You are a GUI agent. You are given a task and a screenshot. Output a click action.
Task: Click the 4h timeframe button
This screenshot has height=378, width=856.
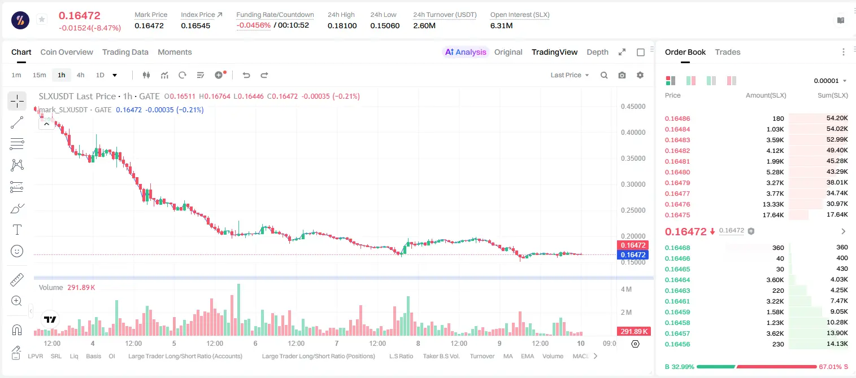pyautogui.click(x=80, y=75)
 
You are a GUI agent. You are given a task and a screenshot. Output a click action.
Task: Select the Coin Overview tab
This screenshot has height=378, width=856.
pyautogui.click(x=67, y=52)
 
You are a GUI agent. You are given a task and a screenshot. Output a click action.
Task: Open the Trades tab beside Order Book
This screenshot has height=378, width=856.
pyautogui.click(x=728, y=52)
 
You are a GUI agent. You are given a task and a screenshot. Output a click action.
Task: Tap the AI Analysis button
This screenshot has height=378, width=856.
pyautogui.click(x=466, y=52)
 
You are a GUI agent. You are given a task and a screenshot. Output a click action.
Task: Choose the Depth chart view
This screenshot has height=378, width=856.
pyautogui.click(x=597, y=52)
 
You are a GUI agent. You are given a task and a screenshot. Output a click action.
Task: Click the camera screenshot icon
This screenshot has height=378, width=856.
pyautogui.click(x=622, y=75)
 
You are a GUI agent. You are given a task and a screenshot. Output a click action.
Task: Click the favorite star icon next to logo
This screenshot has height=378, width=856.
pyautogui.click(x=42, y=19)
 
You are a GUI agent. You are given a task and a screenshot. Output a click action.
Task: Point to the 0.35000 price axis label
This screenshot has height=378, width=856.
pyautogui.click(x=633, y=159)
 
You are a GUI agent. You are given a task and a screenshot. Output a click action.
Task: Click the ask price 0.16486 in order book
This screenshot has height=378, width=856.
pyautogui.click(x=677, y=118)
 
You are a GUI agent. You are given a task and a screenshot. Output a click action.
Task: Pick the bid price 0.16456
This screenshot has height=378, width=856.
pyautogui.click(x=677, y=344)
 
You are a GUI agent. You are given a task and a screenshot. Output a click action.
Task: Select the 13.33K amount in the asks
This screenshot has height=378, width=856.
pyautogui.click(x=773, y=204)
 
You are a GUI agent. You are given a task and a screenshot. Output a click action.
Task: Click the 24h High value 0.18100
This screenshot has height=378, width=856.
pyautogui.click(x=342, y=25)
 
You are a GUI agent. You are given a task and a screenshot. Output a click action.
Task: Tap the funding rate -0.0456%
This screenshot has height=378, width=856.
pyautogui.click(x=253, y=25)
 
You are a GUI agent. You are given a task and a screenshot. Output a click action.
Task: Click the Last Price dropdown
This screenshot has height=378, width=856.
pyautogui.click(x=570, y=75)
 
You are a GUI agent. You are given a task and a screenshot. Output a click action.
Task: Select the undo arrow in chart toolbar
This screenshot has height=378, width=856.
pyautogui.click(x=246, y=75)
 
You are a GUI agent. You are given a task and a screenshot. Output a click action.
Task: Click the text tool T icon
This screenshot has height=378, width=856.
pyautogui.click(x=17, y=230)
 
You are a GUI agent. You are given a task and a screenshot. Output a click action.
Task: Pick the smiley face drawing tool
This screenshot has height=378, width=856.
pyautogui.click(x=17, y=251)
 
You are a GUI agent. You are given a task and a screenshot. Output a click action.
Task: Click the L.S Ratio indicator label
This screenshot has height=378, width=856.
pyautogui.click(x=401, y=356)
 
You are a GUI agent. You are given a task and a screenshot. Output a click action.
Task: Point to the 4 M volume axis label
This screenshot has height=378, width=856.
pyautogui.click(x=626, y=289)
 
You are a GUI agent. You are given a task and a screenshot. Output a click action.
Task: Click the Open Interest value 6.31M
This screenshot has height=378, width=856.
pyautogui.click(x=501, y=25)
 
